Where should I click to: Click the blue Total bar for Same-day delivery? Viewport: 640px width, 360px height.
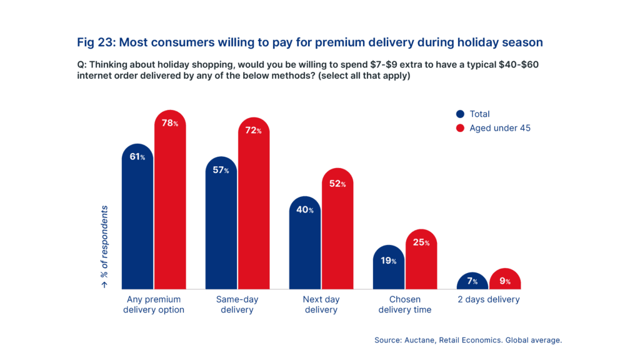coord(221,231)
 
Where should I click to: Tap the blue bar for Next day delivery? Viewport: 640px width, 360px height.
coord(304,250)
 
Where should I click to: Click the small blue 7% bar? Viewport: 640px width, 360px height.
coord(472,282)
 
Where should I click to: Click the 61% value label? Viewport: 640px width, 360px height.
coord(137,157)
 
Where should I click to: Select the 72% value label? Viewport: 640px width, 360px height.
coord(254,131)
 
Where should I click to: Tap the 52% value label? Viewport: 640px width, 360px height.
coord(337,184)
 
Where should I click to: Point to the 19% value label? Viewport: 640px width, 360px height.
coord(389,260)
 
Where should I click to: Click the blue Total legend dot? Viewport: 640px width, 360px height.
coord(461,114)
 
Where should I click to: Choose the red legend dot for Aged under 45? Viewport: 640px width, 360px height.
coord(461,128)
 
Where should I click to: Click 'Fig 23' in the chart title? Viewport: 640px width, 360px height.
coord(94,42)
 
